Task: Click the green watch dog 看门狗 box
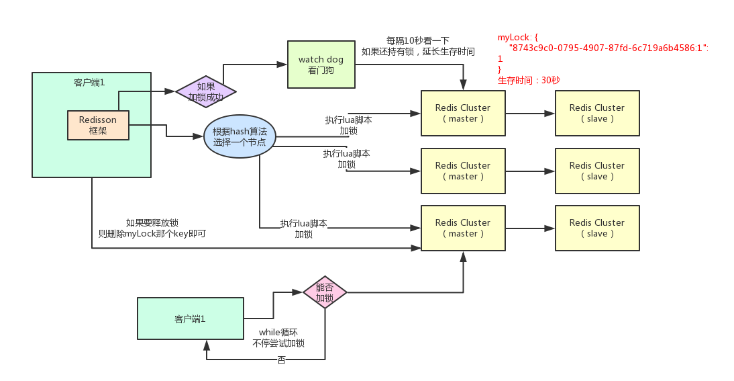point(321,65)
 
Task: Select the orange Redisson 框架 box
point(98,125)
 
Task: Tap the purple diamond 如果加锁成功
point(205,92)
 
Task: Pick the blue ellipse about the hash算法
point(240,137)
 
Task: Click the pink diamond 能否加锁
point(325,292)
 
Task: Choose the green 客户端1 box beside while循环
point(190,319)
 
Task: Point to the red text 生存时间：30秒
point(529,80)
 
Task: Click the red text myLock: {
point(517,37)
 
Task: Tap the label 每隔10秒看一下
point(418,40)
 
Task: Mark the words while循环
point(278,332)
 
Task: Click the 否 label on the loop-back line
point(281,360)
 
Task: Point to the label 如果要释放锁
point(152,223)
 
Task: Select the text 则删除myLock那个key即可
point(152,235)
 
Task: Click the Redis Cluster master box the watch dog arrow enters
point(462,113)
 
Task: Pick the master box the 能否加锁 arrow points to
point(462,228)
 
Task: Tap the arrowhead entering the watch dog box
point(282,65)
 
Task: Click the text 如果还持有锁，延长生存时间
point(418,51)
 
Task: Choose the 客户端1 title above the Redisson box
point(89,83)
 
